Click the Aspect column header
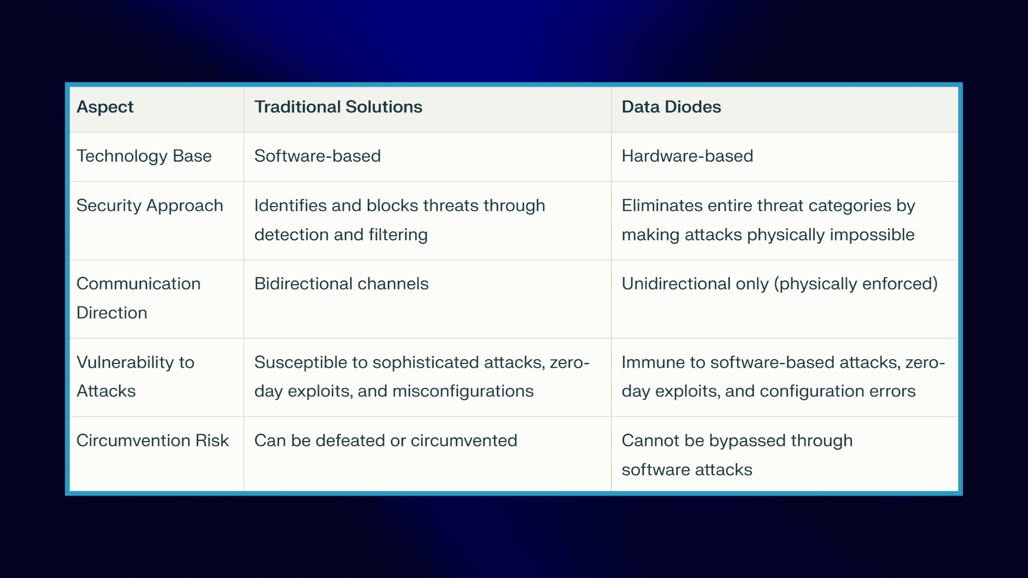[105, 107]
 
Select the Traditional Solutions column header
[338, 107]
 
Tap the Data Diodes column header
[671, 107]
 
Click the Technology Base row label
[144, 156]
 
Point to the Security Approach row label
[149, 206]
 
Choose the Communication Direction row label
[138, 298]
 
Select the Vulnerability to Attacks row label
[135, 376]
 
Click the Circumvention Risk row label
[152, 440]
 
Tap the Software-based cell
[318, 156]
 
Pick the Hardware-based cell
[687, 156]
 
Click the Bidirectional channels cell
[341, 284]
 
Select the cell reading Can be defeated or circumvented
[385, 440]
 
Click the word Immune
[653, 362]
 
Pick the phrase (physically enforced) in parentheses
[856, 284]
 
